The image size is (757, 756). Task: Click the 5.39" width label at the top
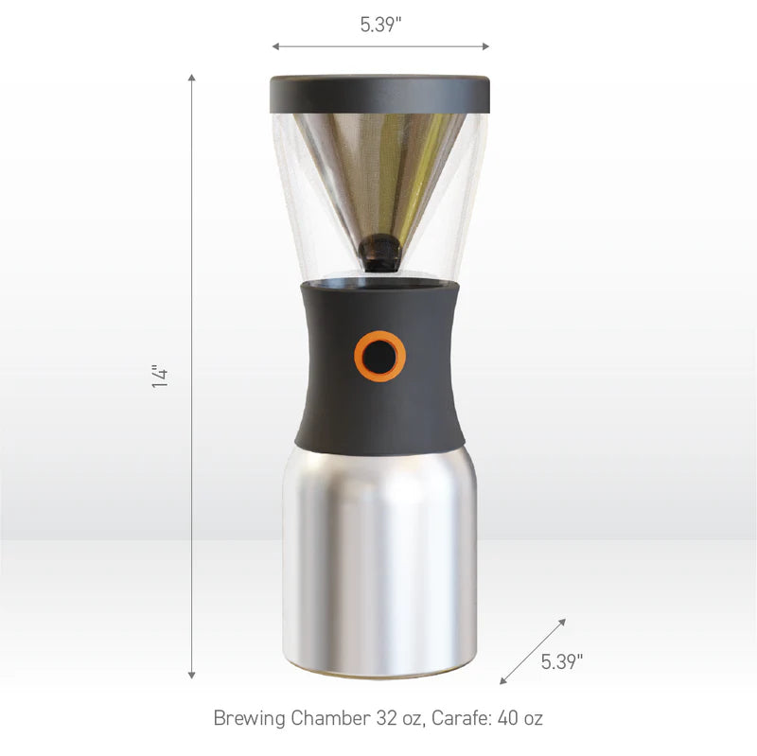(x=380, y=25)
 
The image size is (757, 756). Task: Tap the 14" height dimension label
(x=160, y=376)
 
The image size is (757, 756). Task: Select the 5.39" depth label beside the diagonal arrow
(x=561, y=661)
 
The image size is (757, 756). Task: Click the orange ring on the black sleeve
(x=380, y=357)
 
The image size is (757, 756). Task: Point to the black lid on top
(x=380, y=94)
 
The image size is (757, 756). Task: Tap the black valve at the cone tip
(x=380, y=253)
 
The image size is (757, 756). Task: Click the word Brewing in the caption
(x=250, y=718)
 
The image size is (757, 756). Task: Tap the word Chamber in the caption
(x=330, y=718)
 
